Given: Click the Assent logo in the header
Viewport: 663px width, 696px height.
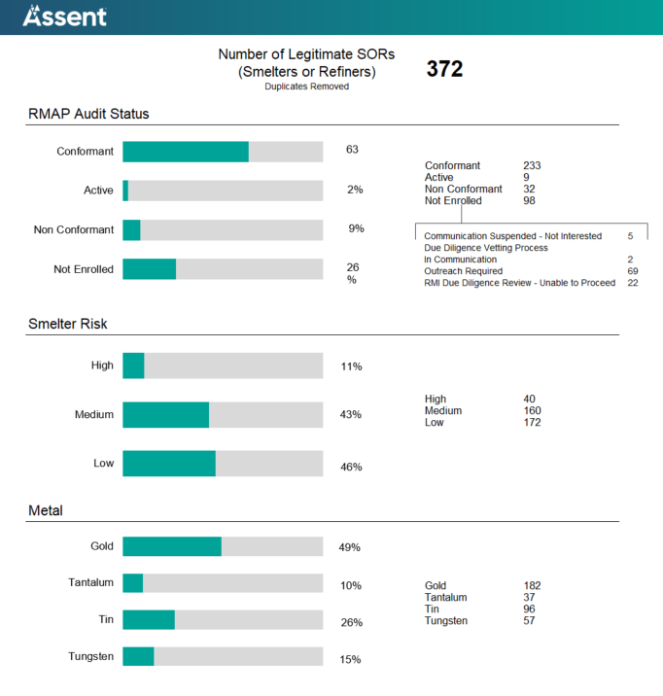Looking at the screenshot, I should click(x=65, y=16).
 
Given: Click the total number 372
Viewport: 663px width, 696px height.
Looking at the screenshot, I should click(x=444, y=69).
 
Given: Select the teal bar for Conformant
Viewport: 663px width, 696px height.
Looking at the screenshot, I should click(x=186, y=152).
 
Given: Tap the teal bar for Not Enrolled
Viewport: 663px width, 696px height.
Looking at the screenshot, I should click(x=149, y=269).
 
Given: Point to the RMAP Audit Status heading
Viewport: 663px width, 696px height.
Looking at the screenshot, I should click(x=88, y=115).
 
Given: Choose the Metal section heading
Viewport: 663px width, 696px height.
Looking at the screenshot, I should click(x=46, y=510).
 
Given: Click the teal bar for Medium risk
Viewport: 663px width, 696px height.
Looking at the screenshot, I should click(x=165, y=415).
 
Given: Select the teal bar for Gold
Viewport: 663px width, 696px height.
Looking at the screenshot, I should click(x=172, y=546).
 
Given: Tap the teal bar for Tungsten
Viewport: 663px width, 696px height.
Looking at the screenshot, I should click(x=138, y=657).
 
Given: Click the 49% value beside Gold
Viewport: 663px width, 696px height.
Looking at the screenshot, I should click(x=349, y=547).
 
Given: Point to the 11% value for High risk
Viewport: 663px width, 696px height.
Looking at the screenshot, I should click(x=351, y=366).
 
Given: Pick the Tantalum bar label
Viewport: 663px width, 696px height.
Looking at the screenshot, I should click(x=90, y=582).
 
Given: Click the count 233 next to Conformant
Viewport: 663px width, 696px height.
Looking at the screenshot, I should click(x=532, y=166).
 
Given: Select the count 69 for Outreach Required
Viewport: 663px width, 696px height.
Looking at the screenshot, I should click(x=632, y=271).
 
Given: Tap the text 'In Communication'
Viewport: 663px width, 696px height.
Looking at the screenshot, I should click(x=460, y=260).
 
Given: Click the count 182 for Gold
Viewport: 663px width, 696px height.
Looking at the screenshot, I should click(x=532, y=586).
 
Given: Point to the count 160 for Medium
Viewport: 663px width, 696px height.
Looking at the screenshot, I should click(x=532, y=411).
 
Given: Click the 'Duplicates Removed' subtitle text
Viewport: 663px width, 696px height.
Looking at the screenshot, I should click(x=306, y=87).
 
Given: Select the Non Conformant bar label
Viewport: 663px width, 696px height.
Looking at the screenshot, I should click(x=73, y=230).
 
